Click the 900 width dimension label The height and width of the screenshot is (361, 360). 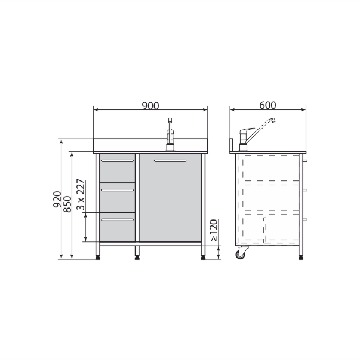(150, 106)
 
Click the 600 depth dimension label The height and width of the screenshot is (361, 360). (267, 105)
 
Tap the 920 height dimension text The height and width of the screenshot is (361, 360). (57, 200)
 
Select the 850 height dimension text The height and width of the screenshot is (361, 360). (67, 204)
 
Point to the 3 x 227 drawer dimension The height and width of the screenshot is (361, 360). (81, 194)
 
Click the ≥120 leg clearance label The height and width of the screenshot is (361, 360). (214, 230)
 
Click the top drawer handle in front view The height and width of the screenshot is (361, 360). (118, 161)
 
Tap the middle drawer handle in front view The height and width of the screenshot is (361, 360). (118, 190)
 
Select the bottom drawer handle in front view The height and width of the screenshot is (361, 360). (118, 219)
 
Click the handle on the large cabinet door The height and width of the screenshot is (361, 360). (170, 161)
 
